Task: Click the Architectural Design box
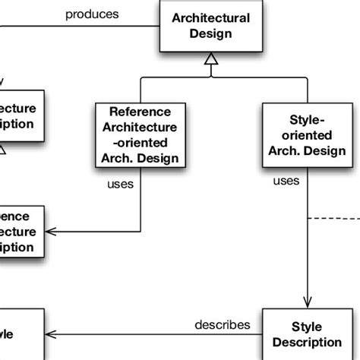(210, 27)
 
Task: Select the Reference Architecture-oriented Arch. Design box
(141, 134)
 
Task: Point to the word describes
(223, 324)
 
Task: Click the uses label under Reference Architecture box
(121, 184)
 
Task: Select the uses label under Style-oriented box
(286, 181)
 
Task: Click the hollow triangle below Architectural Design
(210, 60)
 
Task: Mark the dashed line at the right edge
(334, 219)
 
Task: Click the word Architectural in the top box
(210, 18)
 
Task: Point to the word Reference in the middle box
(141, 111)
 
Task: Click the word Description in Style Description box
(307, 342)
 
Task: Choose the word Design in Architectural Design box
(210, 34)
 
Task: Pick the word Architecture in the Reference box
(141, 127)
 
